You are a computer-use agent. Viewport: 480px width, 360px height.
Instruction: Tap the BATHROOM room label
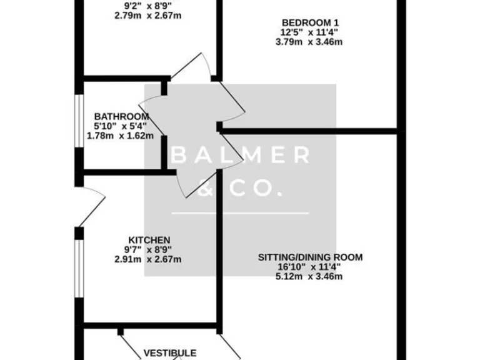point(121,116)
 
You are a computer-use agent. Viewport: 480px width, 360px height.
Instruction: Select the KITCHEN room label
point(149,240)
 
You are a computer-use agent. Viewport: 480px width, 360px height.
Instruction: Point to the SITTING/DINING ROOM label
point(311,257)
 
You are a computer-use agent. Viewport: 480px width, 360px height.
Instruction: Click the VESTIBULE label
point(171,353)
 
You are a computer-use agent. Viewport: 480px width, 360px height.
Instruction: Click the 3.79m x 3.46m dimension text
point(311,42)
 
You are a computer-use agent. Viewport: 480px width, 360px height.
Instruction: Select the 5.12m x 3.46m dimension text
point(311,276)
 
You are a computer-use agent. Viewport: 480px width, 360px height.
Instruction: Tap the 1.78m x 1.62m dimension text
point(120,135)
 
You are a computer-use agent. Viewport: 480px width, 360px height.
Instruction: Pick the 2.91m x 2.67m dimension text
point(149,259)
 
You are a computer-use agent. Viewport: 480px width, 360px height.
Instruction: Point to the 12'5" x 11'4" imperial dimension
point(311,33)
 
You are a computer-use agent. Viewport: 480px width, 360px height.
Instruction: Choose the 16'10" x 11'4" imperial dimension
point(311,266)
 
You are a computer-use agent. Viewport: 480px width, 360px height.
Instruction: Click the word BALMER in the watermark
point(241,156)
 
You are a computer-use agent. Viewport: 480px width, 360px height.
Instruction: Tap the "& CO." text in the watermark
point(241,188)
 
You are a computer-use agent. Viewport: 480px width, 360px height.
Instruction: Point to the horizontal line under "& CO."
point(241,213)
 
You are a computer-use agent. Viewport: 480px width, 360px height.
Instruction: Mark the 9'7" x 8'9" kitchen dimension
point(149,250)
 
